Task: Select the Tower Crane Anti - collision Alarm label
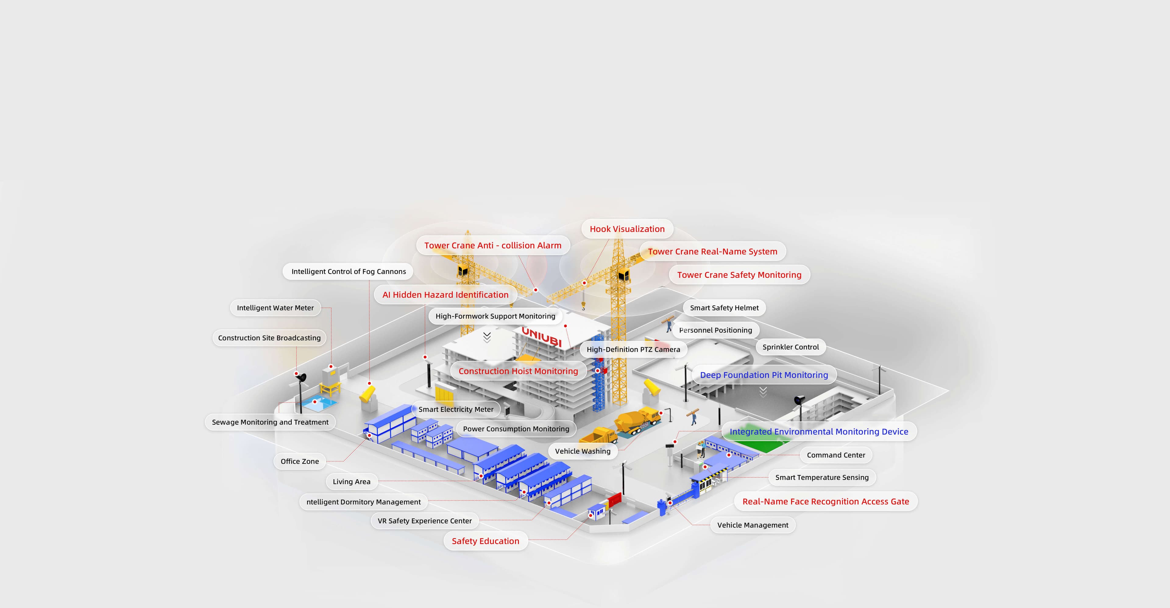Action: (492, 245)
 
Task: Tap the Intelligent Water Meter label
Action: (275, 308)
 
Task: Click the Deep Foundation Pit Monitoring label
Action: (764, 375)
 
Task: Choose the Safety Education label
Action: (485, 541)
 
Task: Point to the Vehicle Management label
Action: (753, 525)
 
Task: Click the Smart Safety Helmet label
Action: (724, 308)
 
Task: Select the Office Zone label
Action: (300, 461)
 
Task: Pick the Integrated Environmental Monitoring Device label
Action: (818, 431)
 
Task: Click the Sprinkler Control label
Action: (790, 347)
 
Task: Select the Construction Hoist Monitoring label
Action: (518, 371)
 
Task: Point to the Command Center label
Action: (836, 455)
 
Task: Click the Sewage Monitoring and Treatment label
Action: (270, 422)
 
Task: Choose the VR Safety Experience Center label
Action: (425, 521)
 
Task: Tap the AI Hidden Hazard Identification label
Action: (445, 295)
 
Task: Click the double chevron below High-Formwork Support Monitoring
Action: (487, 337)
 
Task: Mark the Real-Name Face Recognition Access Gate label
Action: (825, 501)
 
